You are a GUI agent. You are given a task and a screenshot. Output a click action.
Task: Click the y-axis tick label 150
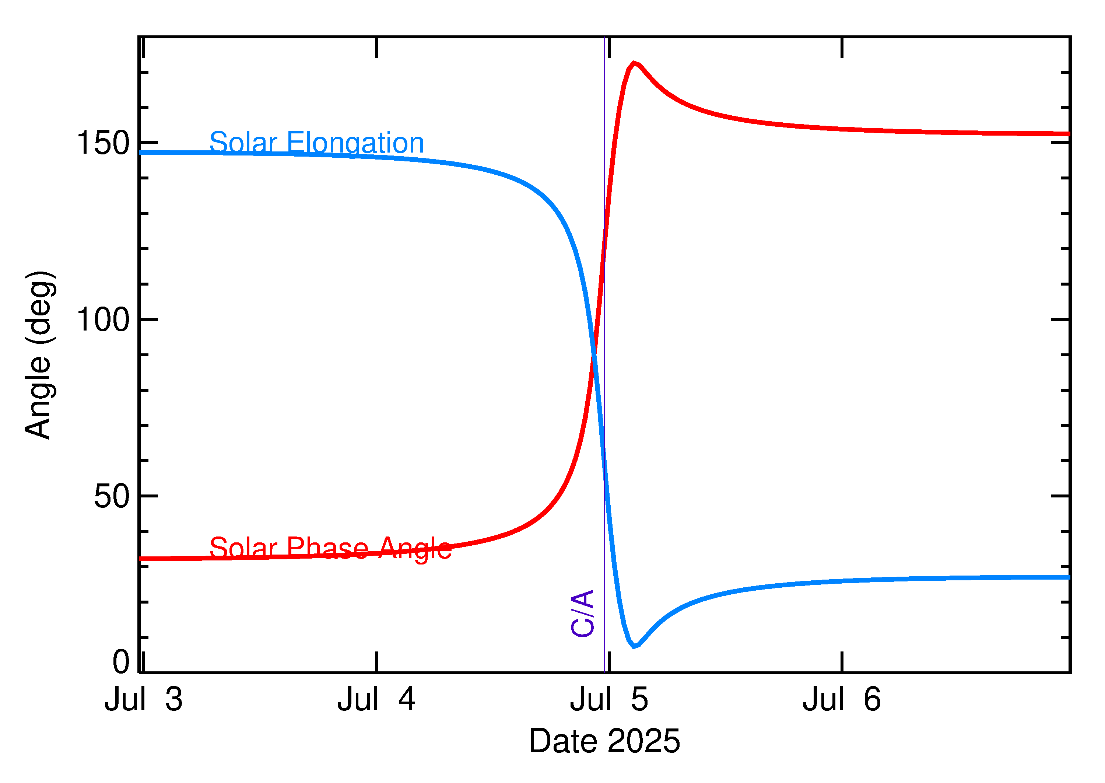[x=103, y=143]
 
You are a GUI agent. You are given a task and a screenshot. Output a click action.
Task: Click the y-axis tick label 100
[x=103, y=320]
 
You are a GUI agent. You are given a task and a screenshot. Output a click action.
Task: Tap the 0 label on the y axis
[x=121, y=662]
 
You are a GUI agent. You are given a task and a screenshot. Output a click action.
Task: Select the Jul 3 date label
[x=143, y=700]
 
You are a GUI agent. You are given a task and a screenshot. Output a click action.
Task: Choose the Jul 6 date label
[x=842, y=700]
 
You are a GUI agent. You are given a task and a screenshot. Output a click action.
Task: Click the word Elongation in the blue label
[x=355, y=143]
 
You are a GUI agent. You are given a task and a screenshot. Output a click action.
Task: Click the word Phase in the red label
[x=328, y=548]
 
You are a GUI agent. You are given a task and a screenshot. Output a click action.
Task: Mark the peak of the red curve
[x=634, y=63]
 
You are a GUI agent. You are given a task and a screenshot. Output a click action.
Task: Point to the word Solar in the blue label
[x=243, y=143]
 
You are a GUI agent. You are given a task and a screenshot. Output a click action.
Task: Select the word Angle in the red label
[x=415, y=548]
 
